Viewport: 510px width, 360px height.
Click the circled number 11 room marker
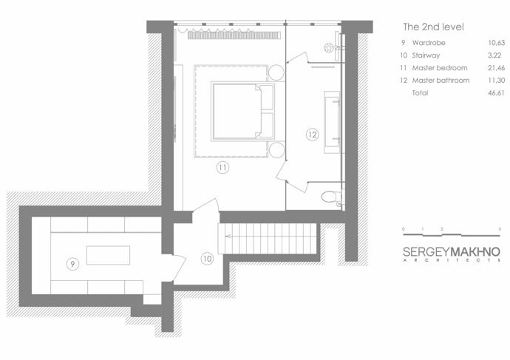(x=222, y=168)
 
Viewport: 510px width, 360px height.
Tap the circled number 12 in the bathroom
(x=312, y=135)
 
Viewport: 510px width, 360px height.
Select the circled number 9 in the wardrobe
(x=72, y=264)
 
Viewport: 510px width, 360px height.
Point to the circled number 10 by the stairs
(x=207, y=259)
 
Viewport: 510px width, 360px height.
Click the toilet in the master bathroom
(x=331, y=197)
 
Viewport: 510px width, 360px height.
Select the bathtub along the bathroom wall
(x=332, y=122)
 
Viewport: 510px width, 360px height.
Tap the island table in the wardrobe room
(x=109, y=255)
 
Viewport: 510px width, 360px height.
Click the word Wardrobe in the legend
(x=429, y=43)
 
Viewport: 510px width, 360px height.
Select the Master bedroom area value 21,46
(x=497, y=68)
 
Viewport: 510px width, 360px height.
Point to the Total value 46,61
(x=497, y=93)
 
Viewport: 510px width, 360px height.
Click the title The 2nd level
(x=433, y=27)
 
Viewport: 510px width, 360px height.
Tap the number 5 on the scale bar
(x=500, y=229)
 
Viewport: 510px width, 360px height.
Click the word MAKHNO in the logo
(x=475, y=252)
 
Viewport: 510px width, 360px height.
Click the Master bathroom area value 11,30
(x=497, y=81)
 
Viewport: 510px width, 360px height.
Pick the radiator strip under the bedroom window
(x=234, y=35)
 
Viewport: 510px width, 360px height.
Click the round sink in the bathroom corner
(x=329, y=48)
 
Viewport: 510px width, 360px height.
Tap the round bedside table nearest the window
(x=276, y=72)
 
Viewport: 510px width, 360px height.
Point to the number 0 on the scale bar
(x=404, y=229)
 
